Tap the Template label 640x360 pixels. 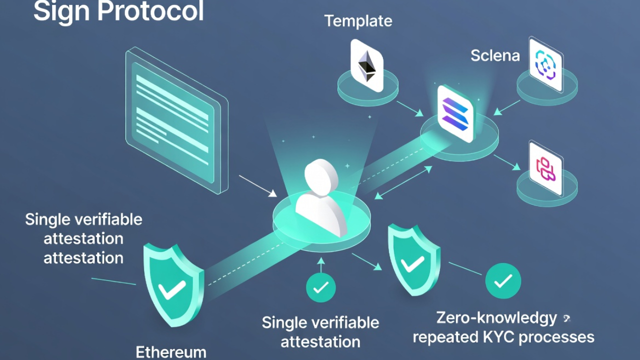(358, 21)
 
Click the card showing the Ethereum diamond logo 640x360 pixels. (367, 65)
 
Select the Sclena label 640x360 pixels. (495, 55)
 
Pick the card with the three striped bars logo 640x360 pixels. (455, 114)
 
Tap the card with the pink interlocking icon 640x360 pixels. (545, 168)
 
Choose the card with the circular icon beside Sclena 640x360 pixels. (545, 64)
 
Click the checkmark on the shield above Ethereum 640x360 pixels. (171, 288)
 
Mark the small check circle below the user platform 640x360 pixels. (320, 287)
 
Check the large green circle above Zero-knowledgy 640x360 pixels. (503, 281)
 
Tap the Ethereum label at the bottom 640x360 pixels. (171, 352)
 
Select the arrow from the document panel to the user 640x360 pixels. (257, 185)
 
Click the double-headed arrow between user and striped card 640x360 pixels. (403, 183)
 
